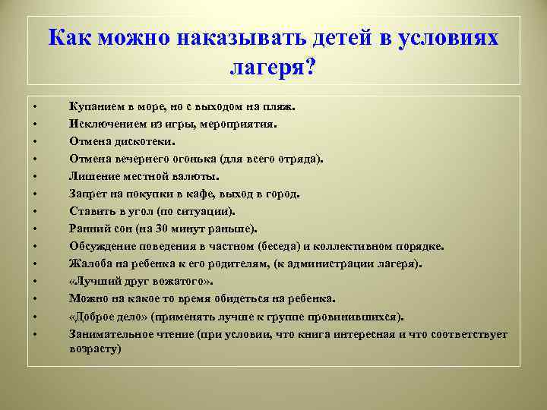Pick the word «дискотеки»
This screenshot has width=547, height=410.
[x=147, y=142]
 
